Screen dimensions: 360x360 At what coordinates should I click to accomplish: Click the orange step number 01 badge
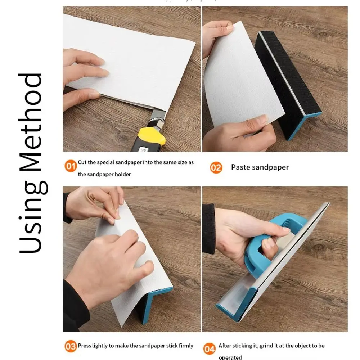click(x=71, y=166)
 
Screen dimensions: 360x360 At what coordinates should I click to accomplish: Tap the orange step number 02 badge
click(x=216, y=167)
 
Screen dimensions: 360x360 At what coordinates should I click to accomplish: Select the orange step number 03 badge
click(x=71, y=346)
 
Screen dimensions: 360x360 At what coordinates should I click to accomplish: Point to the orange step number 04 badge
click(x=210, y=349)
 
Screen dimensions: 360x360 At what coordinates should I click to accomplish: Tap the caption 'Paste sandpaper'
click(x=260, y=167)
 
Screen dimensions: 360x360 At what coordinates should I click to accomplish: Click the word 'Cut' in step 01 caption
click(x=82, y=162)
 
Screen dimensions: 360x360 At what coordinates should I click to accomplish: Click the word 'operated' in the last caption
click(x=230, y=357)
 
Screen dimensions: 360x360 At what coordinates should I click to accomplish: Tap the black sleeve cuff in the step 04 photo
click(x=208, y=229)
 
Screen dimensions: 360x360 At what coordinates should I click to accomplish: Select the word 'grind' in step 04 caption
click(x=265, y=346)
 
